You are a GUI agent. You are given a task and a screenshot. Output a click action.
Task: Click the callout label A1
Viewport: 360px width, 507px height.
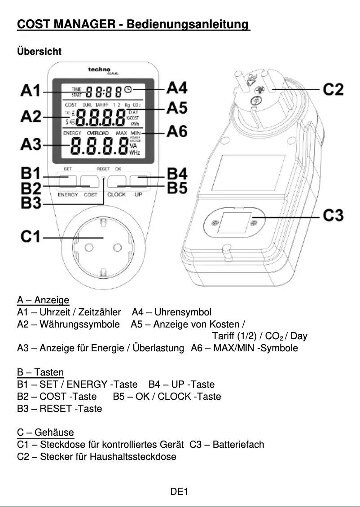(x=30, y=91)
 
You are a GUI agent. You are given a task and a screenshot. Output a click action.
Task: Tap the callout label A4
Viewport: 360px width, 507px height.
(x=176, y=88)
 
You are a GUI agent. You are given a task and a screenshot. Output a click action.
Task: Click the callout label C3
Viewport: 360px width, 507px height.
(x=333, y=217)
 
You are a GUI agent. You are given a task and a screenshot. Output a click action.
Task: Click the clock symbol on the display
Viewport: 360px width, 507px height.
(x=129, y=90)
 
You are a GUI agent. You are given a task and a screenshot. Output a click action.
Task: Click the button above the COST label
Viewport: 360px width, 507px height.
(x=90, y=181)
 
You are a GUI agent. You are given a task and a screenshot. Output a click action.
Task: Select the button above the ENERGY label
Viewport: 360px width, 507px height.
(x=67, y=181)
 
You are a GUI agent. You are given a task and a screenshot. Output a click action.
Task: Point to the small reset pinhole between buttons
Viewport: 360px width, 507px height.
(x=104, y=179)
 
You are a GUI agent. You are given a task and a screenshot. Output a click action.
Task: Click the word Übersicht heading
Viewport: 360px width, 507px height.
(x=39, y=52)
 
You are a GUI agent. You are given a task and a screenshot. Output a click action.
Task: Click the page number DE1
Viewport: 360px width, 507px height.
(x=179, y=492)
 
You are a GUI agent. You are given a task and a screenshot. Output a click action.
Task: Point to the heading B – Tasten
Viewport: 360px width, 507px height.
(x=40, y=372)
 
